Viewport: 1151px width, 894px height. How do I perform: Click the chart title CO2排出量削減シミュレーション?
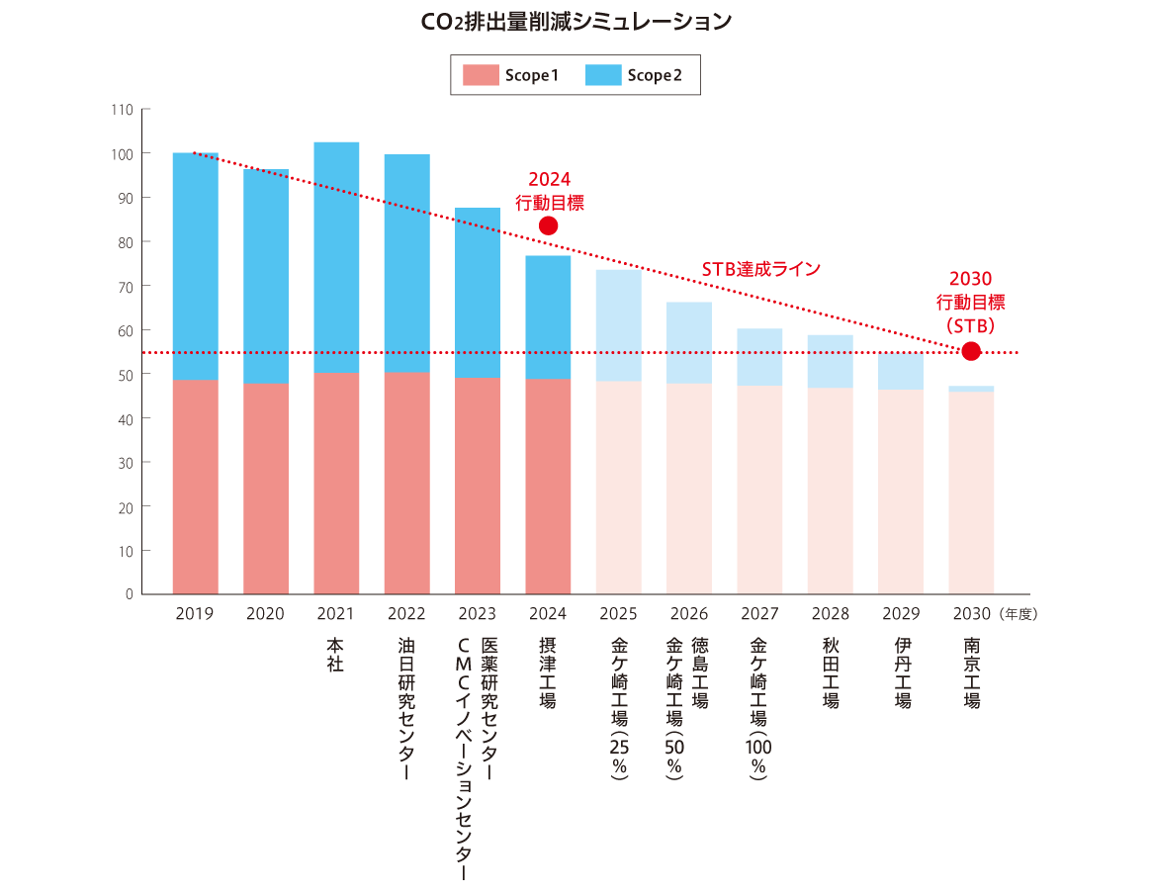[575, 21]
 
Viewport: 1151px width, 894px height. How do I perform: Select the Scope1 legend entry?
[511, 75]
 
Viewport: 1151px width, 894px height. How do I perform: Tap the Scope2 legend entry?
[634, 75]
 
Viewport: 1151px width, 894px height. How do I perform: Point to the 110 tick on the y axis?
[123, 110]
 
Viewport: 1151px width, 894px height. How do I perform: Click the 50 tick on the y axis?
[126, 375]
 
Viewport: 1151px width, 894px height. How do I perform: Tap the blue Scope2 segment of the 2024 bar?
[548, 316]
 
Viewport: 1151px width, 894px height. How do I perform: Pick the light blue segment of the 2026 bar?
[688, 342]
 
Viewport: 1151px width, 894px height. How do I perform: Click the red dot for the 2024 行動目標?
[548, 226]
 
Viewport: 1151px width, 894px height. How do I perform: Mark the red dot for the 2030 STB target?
[971, 351]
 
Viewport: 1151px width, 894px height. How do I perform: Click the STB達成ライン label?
[761, 269]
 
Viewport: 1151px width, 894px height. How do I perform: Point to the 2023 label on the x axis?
[478, 614]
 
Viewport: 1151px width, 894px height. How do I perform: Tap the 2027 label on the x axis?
[759, 614]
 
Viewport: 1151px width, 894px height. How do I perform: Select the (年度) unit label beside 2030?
[1018, 614]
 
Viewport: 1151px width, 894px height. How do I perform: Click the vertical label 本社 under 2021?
[335, 655]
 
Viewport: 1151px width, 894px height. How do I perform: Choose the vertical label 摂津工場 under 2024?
[548, 672]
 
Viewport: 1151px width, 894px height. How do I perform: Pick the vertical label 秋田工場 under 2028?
[831, 672]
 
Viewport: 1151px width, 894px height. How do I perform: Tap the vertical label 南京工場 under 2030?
[971, 672]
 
